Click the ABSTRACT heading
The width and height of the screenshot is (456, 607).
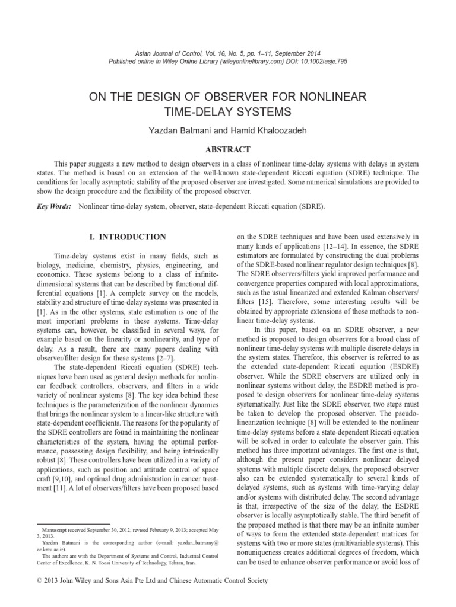click(229, 149)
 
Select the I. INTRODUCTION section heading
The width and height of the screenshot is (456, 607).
click(128, 237)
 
